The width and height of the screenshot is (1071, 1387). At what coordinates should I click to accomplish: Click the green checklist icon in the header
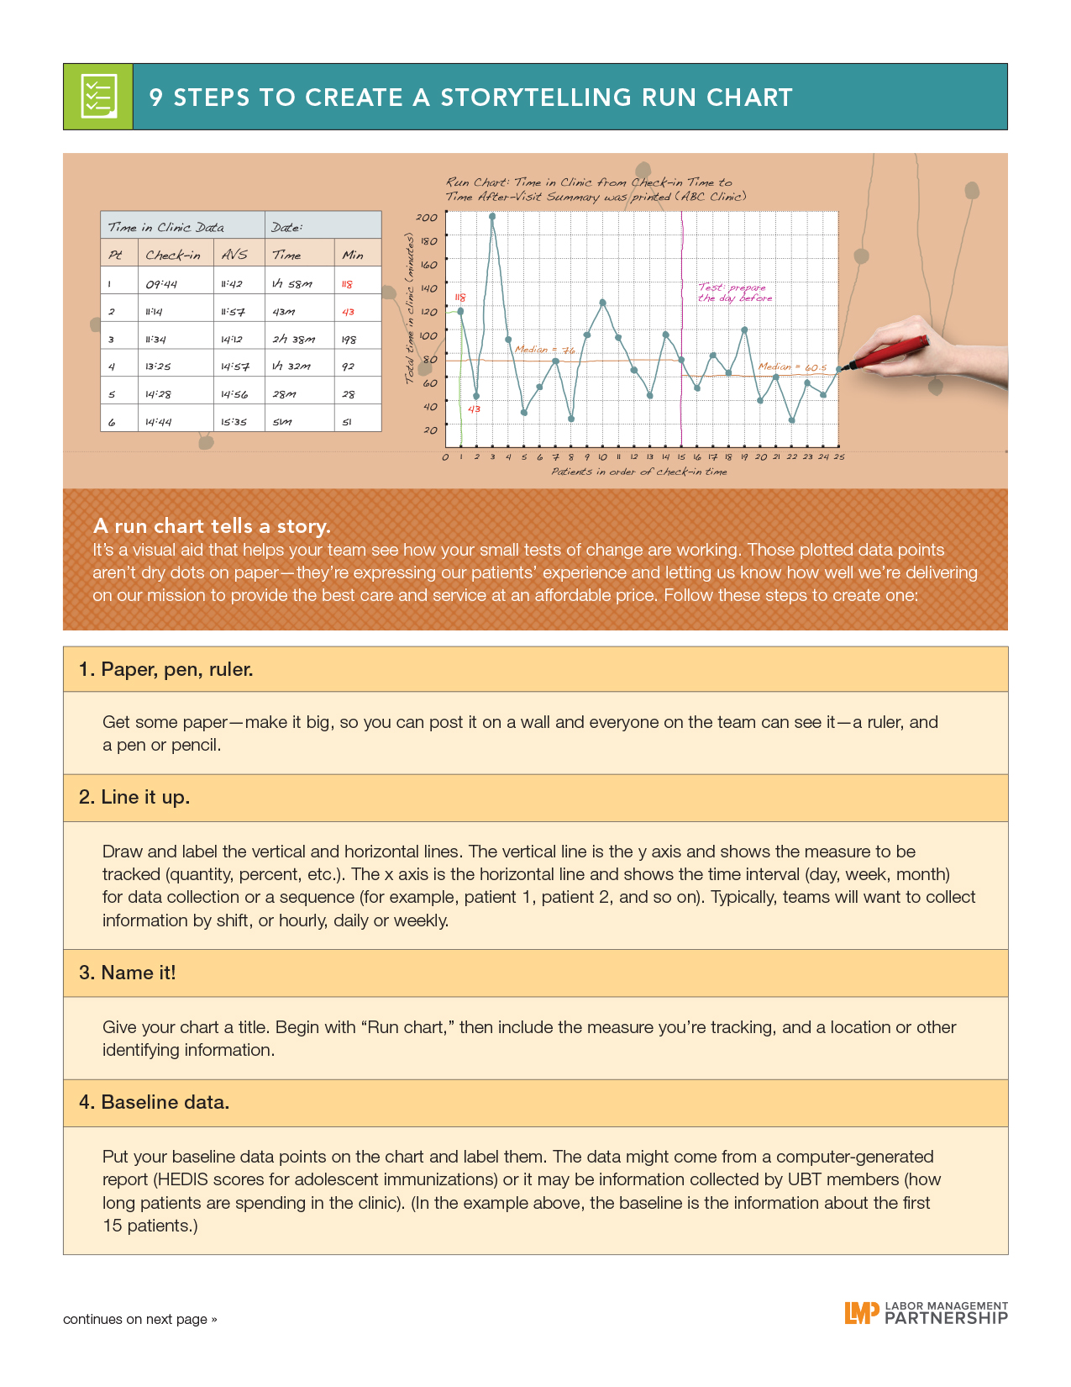(x=98, y=97)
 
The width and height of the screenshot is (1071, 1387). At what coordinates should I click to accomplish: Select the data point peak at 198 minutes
(x=492, y=216)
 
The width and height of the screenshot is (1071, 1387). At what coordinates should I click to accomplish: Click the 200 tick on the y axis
(x=427, y=218)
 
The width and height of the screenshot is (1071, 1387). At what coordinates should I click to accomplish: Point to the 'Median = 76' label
(x=544, y=350)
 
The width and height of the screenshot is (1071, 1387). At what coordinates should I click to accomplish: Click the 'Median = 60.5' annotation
(x=792, y=367)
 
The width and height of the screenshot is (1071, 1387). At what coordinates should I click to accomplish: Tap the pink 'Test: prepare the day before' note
(x=734, y=293)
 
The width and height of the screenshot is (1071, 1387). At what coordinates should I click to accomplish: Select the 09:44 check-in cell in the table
(x=161, y=284)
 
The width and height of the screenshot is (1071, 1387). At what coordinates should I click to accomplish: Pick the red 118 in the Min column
(x=347, y=284)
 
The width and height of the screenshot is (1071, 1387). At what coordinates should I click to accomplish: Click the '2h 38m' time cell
(x=293, y=340)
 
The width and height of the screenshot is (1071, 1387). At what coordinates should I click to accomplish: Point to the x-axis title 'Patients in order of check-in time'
(x=639, y=472)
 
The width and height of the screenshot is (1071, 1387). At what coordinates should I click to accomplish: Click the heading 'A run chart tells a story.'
(x=212, y=526)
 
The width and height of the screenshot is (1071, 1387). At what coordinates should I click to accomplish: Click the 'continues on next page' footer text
(x=139, y=1319)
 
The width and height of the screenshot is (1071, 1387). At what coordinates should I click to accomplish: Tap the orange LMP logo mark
(x=861, y=1312)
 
